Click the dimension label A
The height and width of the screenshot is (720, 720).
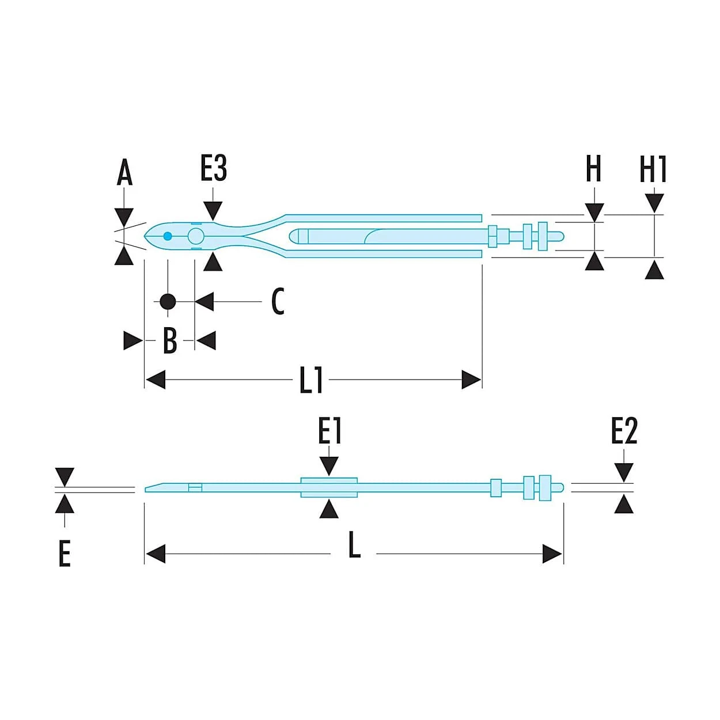tap(124, 172)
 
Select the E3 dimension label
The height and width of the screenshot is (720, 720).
tap(213, 169)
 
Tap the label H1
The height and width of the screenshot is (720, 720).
tap(653, 169)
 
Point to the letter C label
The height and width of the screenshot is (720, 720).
tap(278, 301)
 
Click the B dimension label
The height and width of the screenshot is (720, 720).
tap(170, 340)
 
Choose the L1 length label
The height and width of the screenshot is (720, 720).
tap(311, 380)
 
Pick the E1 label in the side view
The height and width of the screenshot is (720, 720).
tap(329, 431)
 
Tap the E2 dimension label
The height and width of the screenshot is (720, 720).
tap(624, 431)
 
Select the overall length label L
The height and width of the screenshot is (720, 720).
tap(354, 545)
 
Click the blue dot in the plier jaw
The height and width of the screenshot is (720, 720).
tap(168, 236)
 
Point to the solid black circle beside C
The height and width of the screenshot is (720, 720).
tap(168, 301)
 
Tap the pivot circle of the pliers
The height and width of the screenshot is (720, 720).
tap(196, 236)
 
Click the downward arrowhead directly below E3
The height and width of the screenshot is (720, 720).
tap(213, 211)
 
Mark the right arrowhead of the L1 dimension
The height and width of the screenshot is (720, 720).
tap(471, 380)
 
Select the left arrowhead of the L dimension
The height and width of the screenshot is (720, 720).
tap(156, 554)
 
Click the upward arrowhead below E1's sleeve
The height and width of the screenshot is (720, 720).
tap(329, 509)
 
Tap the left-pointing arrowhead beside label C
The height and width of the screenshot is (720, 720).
tap(204, 301)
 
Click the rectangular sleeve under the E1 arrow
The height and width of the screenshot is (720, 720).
tap(329, 488)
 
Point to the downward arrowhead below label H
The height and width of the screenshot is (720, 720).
tap(594, 213)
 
